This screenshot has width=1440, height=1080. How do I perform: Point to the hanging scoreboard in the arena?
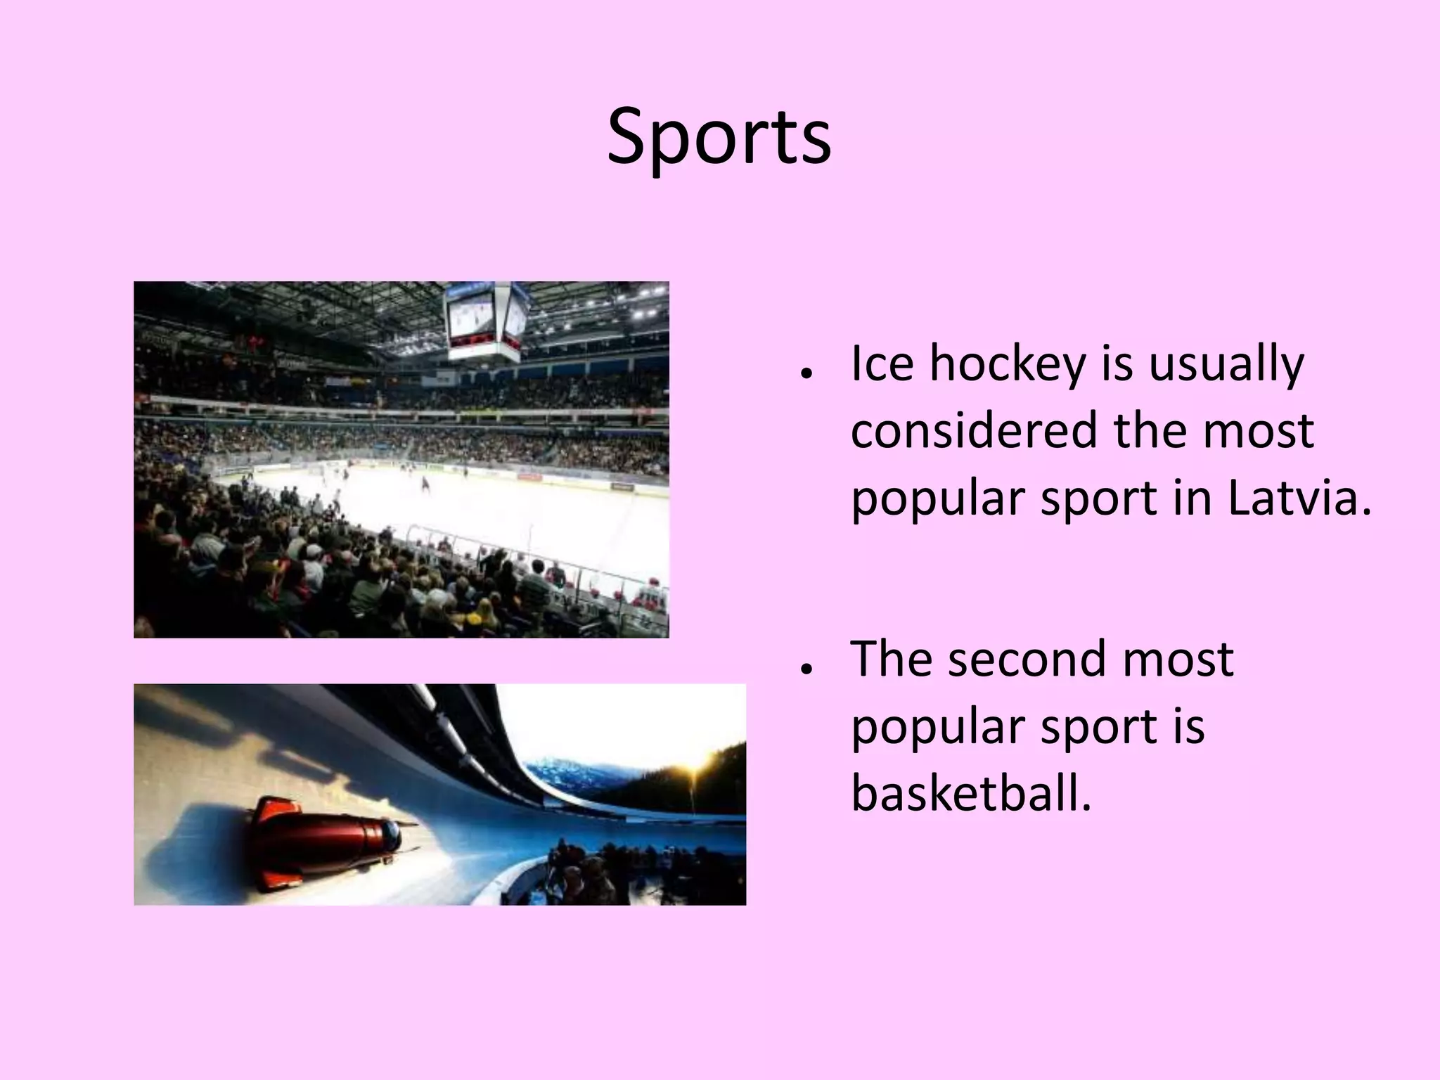(487, 320)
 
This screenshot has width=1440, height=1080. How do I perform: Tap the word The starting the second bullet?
(892, 660)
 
